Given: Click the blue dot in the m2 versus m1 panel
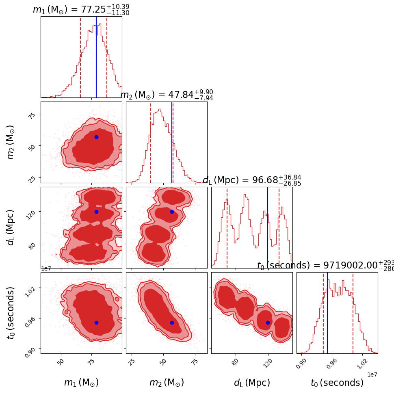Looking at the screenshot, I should [96, 137].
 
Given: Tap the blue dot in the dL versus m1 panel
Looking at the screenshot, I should [96, 212].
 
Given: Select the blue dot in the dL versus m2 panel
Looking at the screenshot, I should [172, 212].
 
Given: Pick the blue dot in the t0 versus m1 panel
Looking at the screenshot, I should [96, 323].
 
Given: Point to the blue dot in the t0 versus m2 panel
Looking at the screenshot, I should [172, 323].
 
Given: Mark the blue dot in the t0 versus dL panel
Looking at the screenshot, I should [268, 323].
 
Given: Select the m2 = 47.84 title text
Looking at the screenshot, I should [167, 95].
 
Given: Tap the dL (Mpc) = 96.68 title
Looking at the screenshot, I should [252, 180].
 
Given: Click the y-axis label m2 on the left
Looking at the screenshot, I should [11, 142].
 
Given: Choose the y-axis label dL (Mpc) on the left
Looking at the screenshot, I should [11, 227].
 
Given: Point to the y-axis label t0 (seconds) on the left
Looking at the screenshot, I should [11, 313].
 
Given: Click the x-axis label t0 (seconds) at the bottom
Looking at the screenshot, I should [337, 383].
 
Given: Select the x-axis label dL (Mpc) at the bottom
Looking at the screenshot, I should [252, 383].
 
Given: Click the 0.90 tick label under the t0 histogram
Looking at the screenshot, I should [301, 364].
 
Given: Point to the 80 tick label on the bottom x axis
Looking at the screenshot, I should [235, 362].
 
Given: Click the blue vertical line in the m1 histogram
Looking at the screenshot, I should [96, 57].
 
